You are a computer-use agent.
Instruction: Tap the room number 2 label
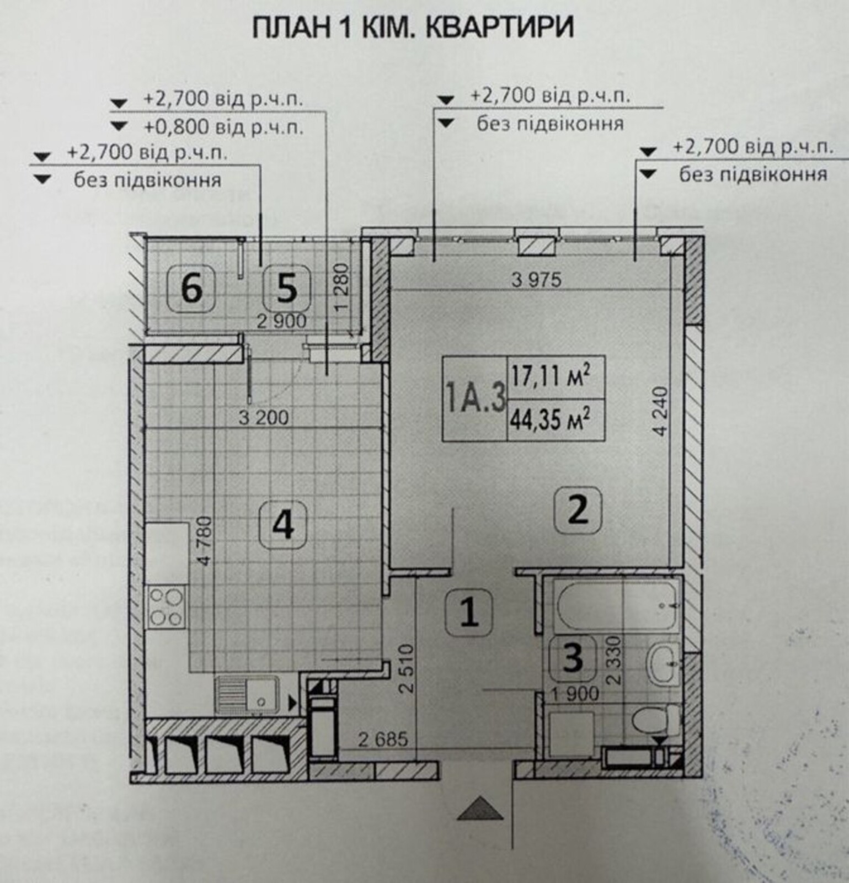tap(578, 511)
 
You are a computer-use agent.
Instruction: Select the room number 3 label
tap(573, 658)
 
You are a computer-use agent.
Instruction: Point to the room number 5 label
tap(286, 289)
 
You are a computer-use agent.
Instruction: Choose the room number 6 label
tap(191, 289)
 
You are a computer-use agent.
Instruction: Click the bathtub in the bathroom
tap(618, 605)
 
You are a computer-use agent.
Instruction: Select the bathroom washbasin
tap(664, 663)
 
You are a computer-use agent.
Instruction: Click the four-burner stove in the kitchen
tap(167, 608)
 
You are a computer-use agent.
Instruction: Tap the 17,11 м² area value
tap(551, 377)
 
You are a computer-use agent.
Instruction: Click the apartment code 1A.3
tap(476, 398)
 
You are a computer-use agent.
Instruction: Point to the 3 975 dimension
tap(536, 280)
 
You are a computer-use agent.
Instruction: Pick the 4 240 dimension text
tap(661, 412)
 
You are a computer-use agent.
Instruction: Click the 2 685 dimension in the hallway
tap(383, 739)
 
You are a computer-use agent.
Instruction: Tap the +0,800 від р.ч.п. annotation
tap(223, 127)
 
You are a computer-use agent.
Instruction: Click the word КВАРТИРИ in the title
tap(500, 28)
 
